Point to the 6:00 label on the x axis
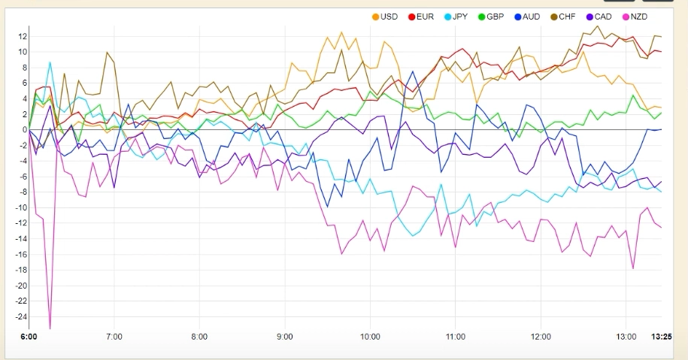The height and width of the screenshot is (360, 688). [29, 336]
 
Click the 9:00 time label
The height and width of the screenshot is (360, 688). [285, 336]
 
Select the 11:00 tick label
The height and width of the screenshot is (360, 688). [456, 336]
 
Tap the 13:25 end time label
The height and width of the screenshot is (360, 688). [661, 336]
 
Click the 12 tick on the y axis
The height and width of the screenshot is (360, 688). [23, 36]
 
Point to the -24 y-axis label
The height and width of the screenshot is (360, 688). [20, 316]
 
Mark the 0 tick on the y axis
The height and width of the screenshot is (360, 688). [24, 130]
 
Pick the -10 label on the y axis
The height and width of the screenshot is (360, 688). [20, 207]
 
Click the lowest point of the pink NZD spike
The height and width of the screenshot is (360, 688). [50, 328]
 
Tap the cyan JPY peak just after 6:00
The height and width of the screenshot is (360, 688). [50, 62]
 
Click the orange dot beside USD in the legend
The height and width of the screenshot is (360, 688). [376, 17]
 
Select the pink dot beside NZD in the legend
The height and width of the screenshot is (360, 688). [625, 17]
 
